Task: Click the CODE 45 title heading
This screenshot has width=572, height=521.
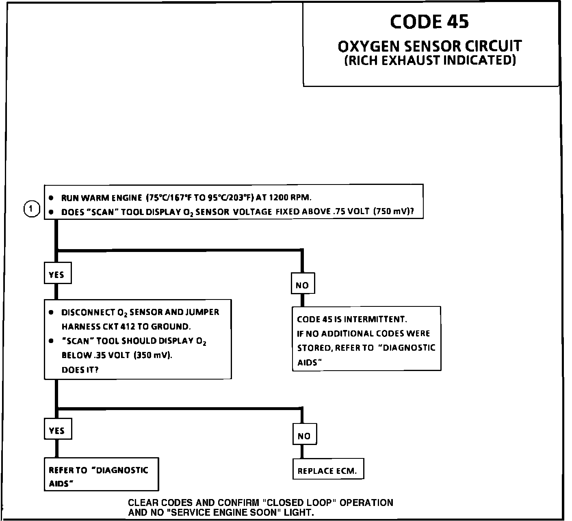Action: [x=429, y=22]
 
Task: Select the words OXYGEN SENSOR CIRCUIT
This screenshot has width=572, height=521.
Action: [x=429, y=46]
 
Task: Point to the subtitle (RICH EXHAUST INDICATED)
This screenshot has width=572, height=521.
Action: [x=430, y=61]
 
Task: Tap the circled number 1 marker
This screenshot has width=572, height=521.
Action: [x=32, y=210]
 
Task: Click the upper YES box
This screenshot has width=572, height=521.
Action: [x=57, y=274]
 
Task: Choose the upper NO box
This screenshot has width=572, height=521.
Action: [x=303, y=285]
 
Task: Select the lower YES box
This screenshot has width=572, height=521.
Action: [x=57, y=430]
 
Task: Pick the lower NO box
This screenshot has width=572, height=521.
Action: [x=304, y=436]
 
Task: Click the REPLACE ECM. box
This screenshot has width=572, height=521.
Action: [x=327, y=471]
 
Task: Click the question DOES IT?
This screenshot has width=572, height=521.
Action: [x=80, y=370]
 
